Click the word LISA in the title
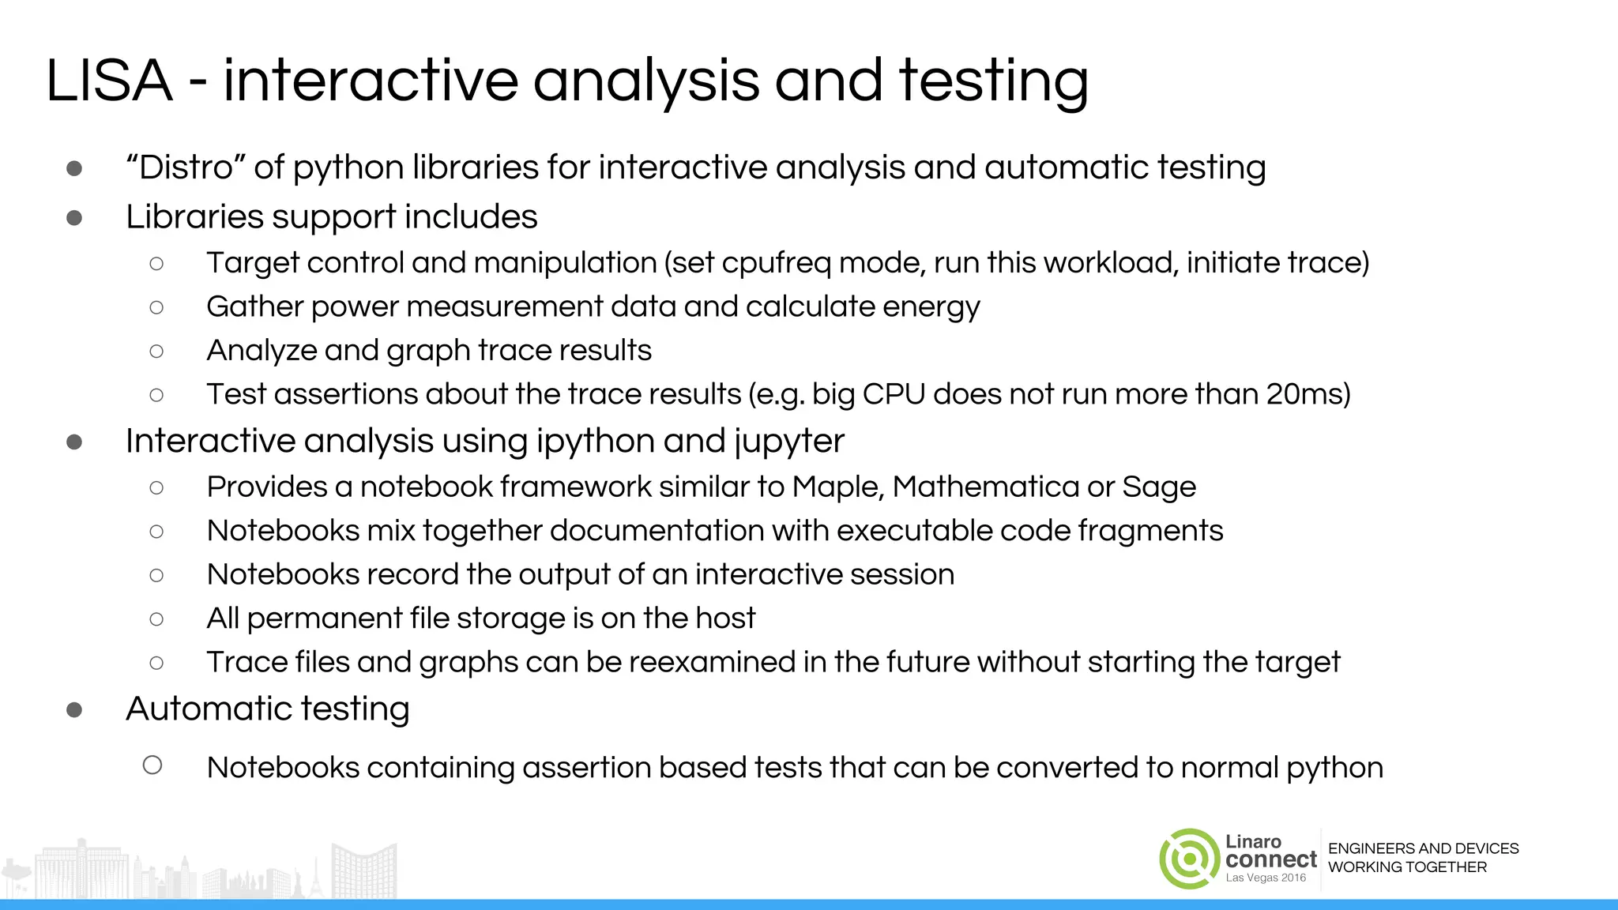coord(109,81)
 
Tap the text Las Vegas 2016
coord(1266,878)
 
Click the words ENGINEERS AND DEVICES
coord(1423,848)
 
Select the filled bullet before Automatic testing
coord(74,709)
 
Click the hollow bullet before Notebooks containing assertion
coord(152,765)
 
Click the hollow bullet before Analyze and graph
coord(156,351)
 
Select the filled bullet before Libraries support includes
coord(74,217)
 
